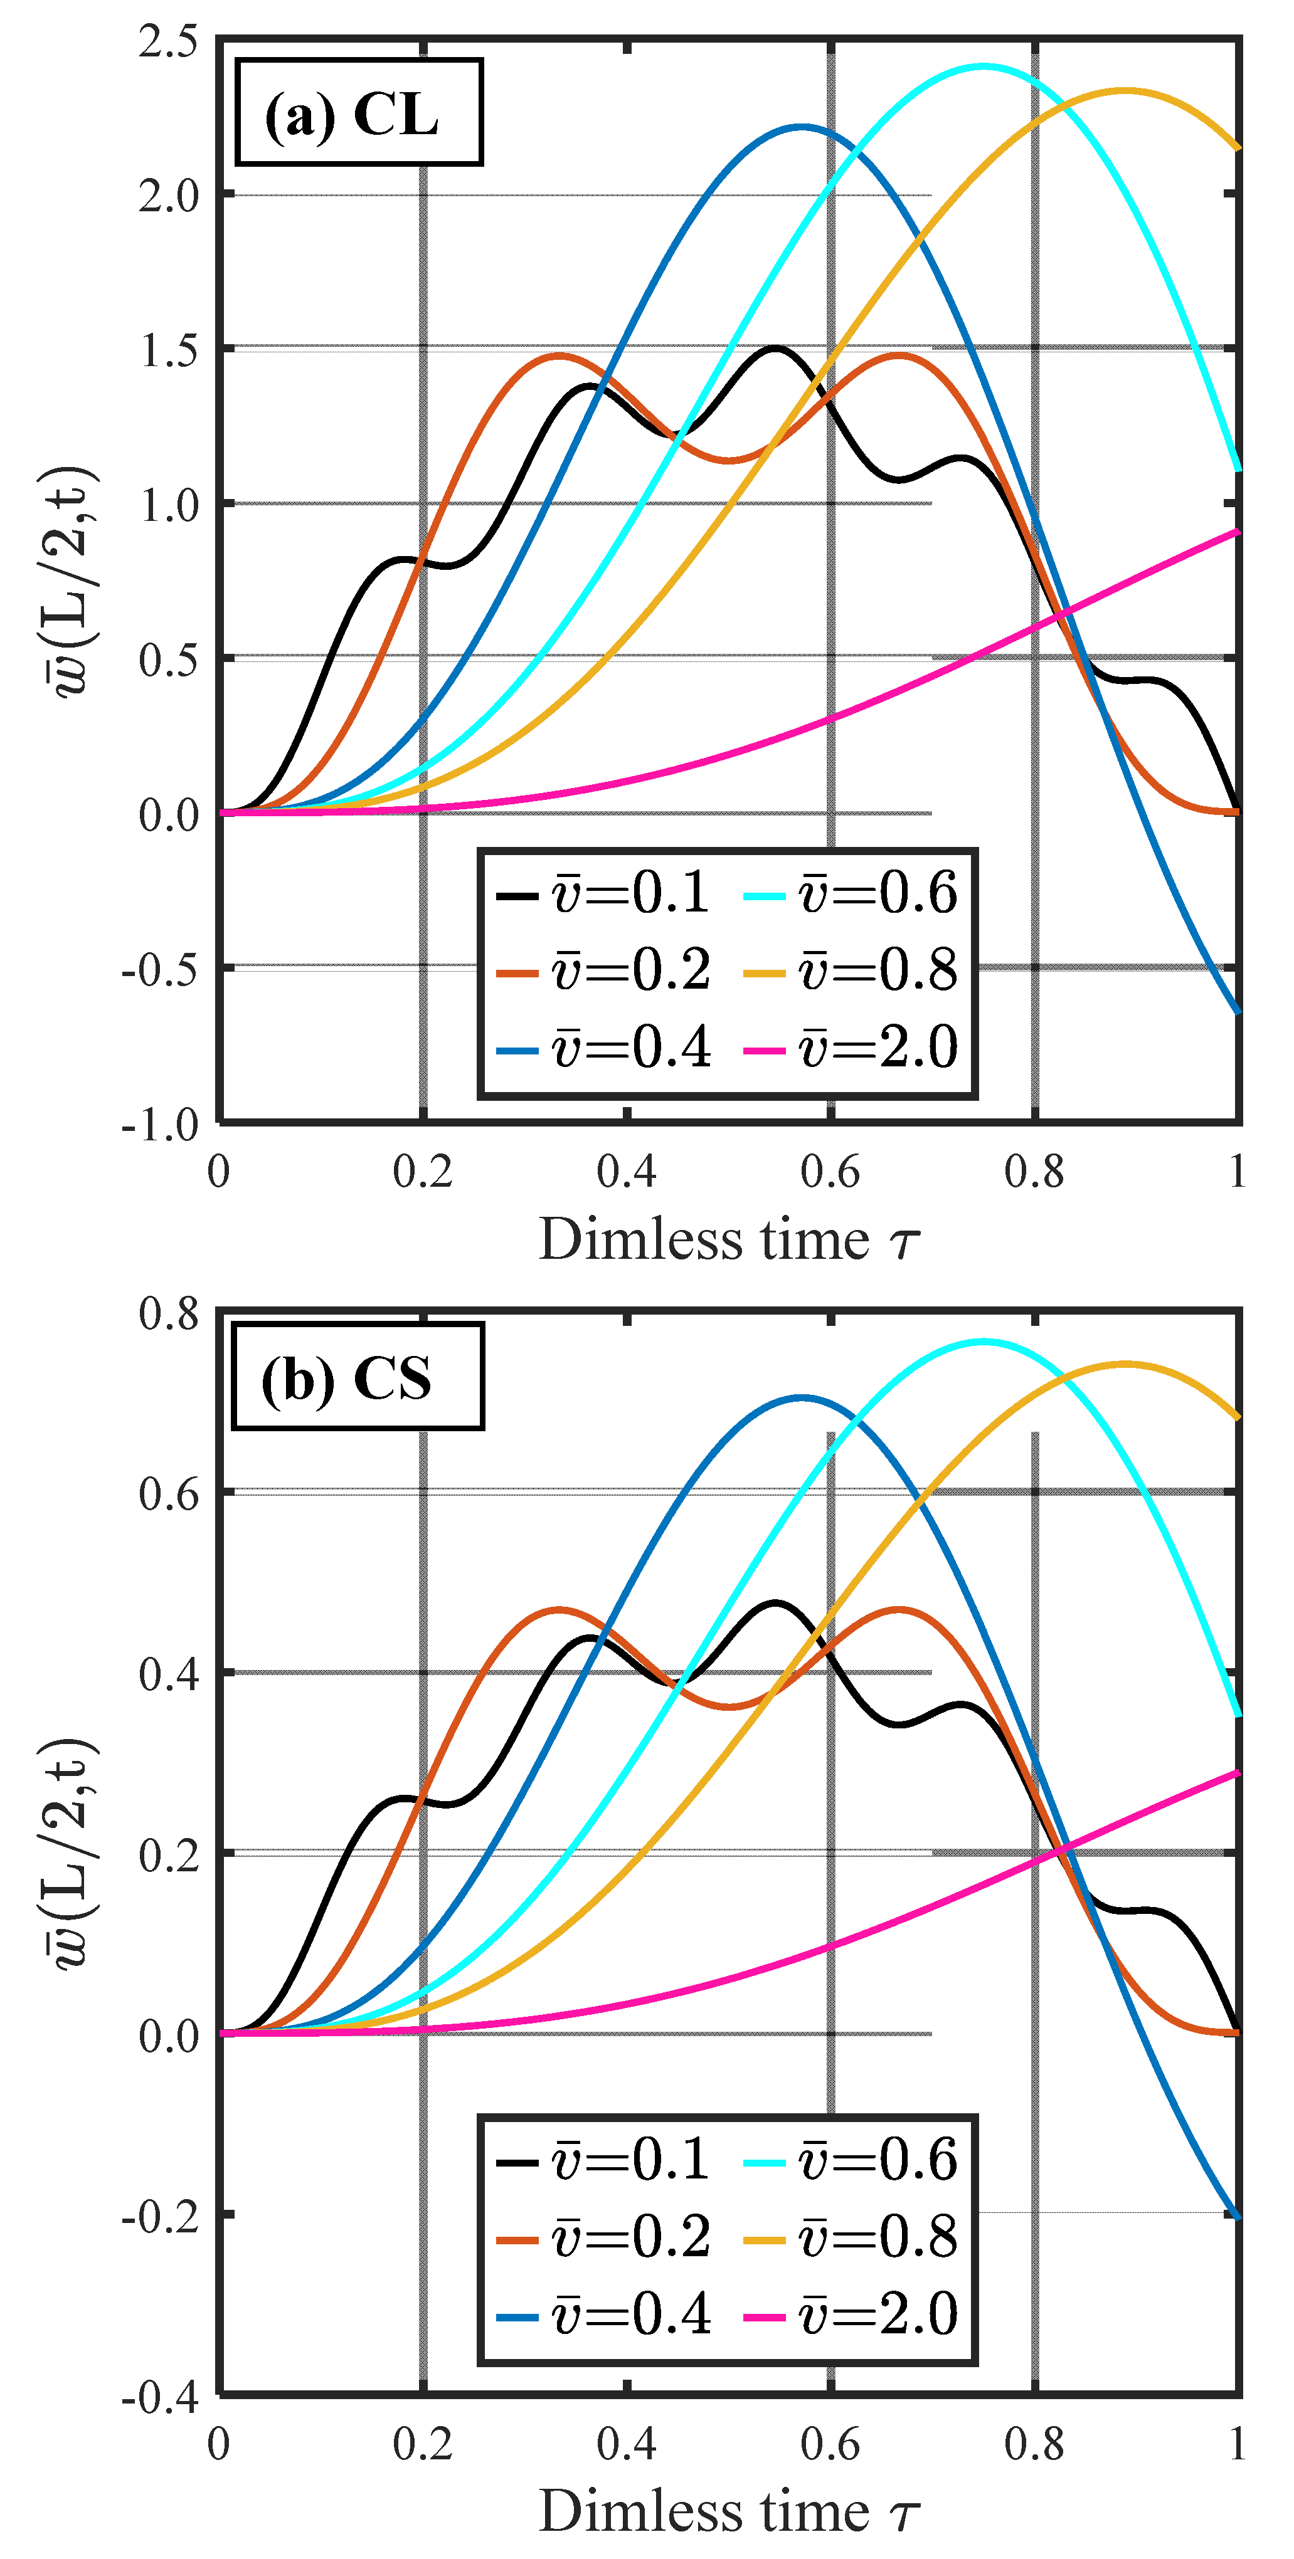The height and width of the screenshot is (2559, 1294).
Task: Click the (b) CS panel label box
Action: coord(357,1377)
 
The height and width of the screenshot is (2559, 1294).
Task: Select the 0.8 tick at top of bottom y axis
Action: coord(169,1313)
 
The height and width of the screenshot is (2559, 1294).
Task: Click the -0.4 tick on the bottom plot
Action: coord(161,2398)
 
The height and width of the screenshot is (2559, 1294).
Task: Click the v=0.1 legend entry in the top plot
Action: coord(603,892)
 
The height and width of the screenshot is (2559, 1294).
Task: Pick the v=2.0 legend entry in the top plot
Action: coord(851,1047)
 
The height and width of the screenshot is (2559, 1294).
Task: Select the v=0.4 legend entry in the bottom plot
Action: coord(603,2315)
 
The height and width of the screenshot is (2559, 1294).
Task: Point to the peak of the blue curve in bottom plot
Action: coord(802,1398)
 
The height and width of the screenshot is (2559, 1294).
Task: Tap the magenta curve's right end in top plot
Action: coord(1238,532)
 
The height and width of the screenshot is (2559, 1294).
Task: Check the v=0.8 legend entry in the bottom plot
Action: coord(851,2237)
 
